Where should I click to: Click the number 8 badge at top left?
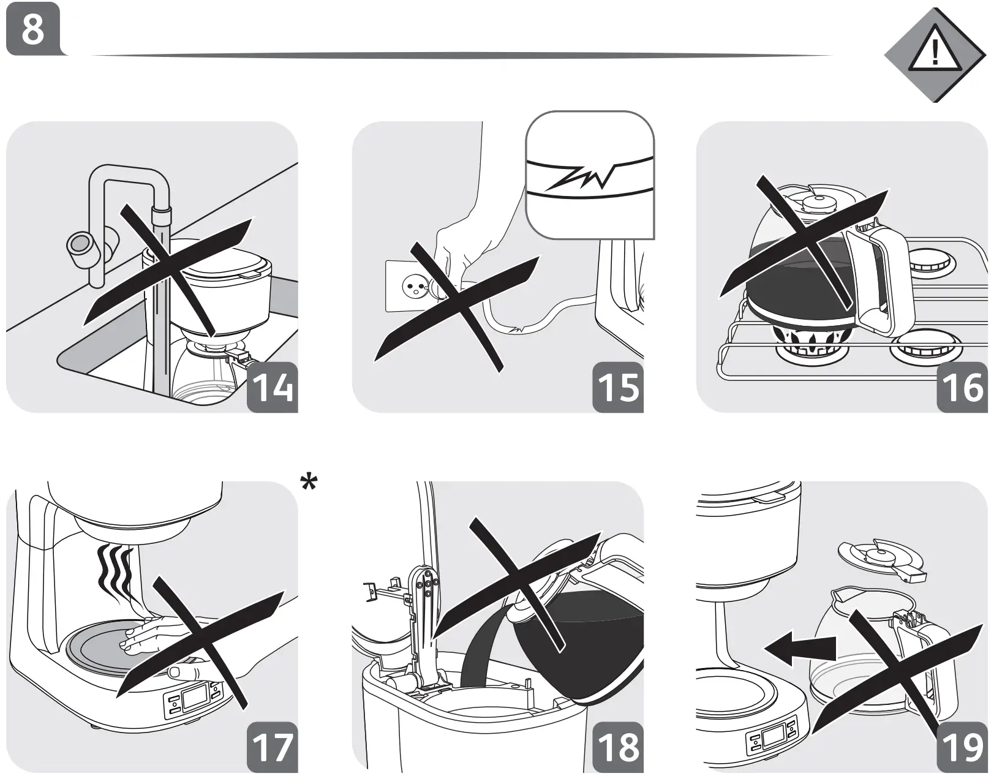(x=33, y=29)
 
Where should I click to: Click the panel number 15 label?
(x=618, y=386)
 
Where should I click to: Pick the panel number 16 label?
(x=963, y=386)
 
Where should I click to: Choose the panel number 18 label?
(x=618, y=747)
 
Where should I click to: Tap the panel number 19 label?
(x=963, y=747)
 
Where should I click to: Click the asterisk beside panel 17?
(x=309, y=483)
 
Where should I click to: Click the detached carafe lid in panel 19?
(x=882, y=559)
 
